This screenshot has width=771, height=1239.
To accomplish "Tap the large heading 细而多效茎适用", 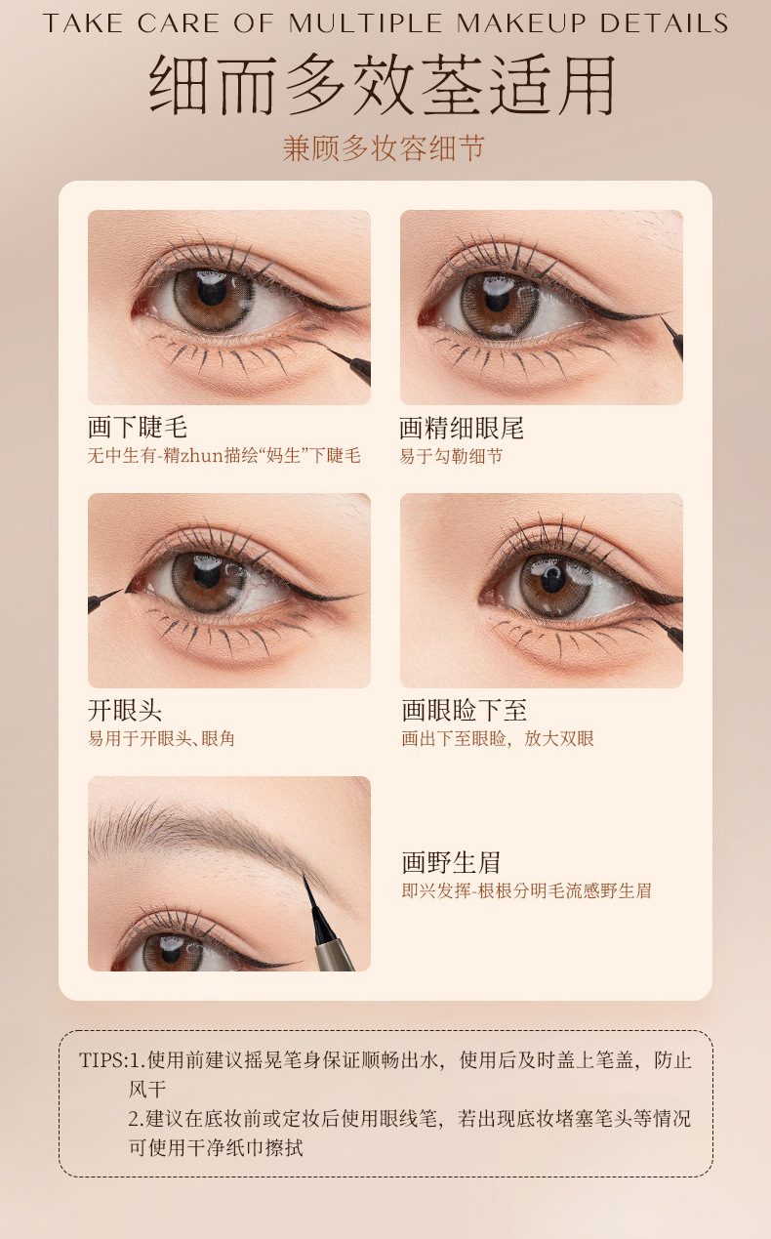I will (x=384, y=86).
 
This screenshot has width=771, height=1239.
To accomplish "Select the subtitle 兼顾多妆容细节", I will (x=384, y=148).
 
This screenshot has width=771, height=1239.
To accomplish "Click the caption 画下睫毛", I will (x=138, y=427).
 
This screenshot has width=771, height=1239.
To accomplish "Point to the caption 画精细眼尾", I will (x=462, y=427).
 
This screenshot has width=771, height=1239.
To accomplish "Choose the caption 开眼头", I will (x=125, y=710).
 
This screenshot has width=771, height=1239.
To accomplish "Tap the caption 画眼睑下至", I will (x=465, y=710).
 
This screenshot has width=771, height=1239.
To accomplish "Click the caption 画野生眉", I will (x=451, y=862).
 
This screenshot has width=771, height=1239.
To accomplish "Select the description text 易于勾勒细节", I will (x=451, y=456).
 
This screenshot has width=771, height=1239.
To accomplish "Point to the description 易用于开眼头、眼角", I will (x=161, y=739).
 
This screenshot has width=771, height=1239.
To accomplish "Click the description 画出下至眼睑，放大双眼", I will (x=498, y=739).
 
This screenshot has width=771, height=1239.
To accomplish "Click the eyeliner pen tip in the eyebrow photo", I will (x=308, y=886).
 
